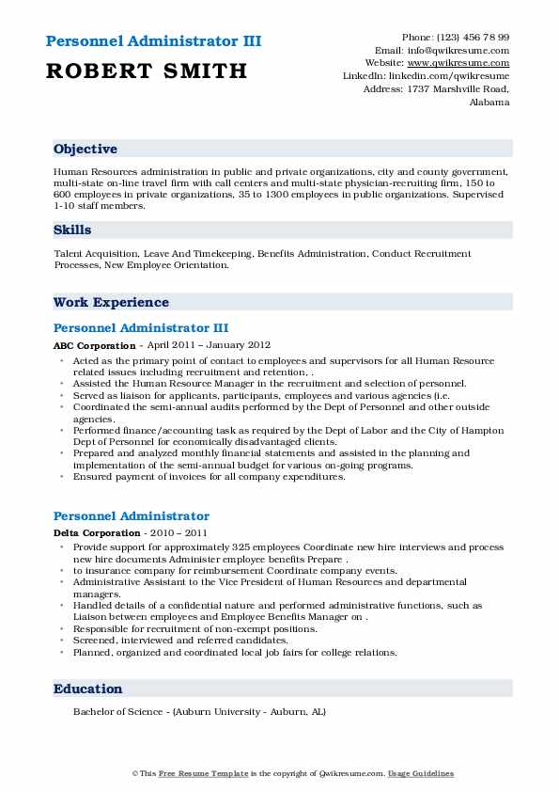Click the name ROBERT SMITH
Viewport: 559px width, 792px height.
(x=146, y=71)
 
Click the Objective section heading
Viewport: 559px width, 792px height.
(x=85, y=150)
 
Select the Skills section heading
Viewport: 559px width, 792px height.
(x=71, y=230)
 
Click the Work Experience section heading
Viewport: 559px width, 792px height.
(x=111, y=303)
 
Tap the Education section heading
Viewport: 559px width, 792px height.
(x=87, y=689)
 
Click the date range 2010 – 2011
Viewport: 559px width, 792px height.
(x=173, y=534)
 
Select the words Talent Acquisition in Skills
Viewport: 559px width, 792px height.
(x=94, y=254)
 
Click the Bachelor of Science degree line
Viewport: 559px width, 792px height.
(x=199, y=712)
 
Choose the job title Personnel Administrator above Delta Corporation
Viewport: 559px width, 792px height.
(x=131, y=516)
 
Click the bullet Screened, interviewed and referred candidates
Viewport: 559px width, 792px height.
(x=168, y=641)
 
